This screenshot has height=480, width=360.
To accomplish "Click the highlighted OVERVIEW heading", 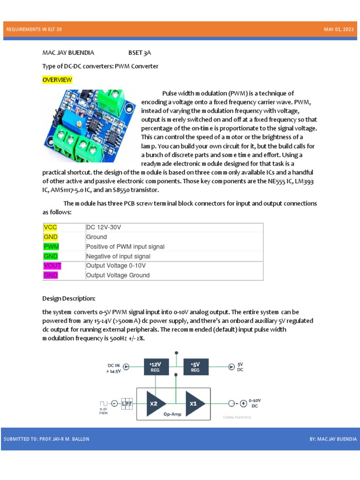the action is (57, 80).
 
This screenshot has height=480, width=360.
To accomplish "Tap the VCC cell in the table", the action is (50, 227).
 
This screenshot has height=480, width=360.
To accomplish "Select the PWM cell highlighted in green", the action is (51, 247).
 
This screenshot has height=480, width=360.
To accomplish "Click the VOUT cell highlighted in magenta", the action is (52, 266).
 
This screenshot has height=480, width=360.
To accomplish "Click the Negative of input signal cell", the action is (118, 256).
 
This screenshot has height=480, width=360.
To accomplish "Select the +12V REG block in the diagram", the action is (155, 367).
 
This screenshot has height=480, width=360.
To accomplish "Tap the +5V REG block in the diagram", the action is (195, 367).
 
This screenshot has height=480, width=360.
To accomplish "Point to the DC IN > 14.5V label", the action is (114, 368).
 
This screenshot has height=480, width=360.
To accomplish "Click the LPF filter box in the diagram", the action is (127, 403).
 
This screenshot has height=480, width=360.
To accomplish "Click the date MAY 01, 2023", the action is (338, 30).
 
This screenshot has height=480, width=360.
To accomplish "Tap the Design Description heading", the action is (68, 299).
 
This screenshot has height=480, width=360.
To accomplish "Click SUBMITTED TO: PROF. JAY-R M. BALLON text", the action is (46, 439).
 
